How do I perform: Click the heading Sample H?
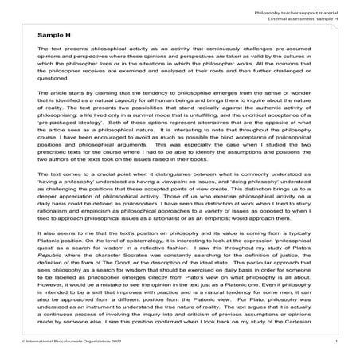click(53, 36)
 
